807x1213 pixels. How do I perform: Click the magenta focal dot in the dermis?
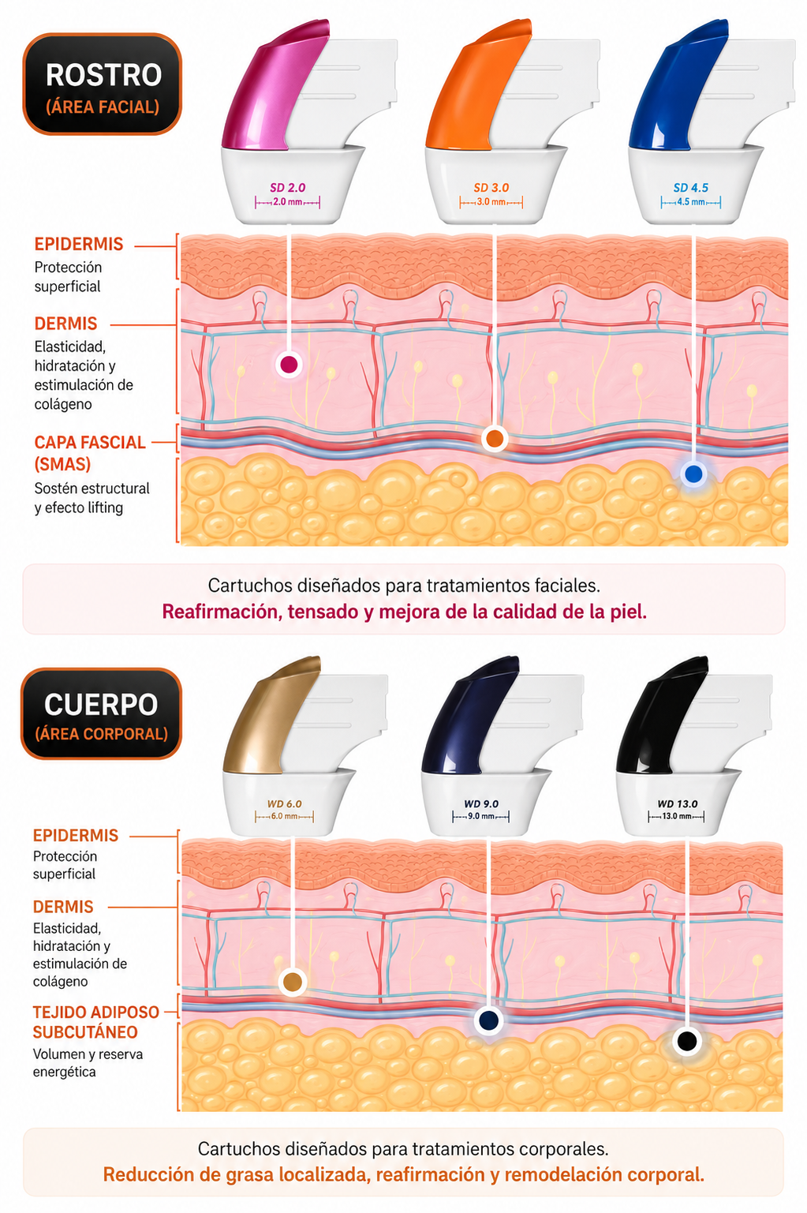pyautogui.click(x=289, y=365)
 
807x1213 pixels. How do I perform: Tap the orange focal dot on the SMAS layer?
pyautogui.click(x=494, y=438)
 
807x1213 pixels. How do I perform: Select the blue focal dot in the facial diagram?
pyautogui.click(x=693, y=474)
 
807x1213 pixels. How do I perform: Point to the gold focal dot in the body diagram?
pyautogui.click(x=293, y=982)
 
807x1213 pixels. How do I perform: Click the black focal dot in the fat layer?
pyautogui.click(x=687, y=1040)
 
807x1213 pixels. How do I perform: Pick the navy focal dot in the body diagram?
pyautogui.click(x=489, y=1020)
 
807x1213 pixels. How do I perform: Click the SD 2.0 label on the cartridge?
pyautogui.click(x=287, y=188)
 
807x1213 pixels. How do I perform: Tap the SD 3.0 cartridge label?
pyautogui.click(x=491, y=188)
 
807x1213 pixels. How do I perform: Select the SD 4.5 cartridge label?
pyautogui.click(x=690, y=188)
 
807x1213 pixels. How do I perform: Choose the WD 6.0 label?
pyautogui.click(x=284, y=804)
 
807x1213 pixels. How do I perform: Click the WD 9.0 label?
pyautogui.click(x=481, y=804)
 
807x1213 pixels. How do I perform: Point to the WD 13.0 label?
pyautogui.click(x=677, y=804)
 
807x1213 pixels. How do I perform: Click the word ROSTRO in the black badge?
pyautogui.click(x=103, y=75)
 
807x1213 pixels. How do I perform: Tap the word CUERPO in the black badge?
pyautogui.click(x=101, y=705)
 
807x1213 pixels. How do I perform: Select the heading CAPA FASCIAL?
pyautogui.click(x=90, y=443)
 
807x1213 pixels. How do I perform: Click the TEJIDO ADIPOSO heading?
pyautogui.click(x=95, y=1012)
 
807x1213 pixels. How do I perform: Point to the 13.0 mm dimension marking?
pyautogui.click(x=677, y=816)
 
